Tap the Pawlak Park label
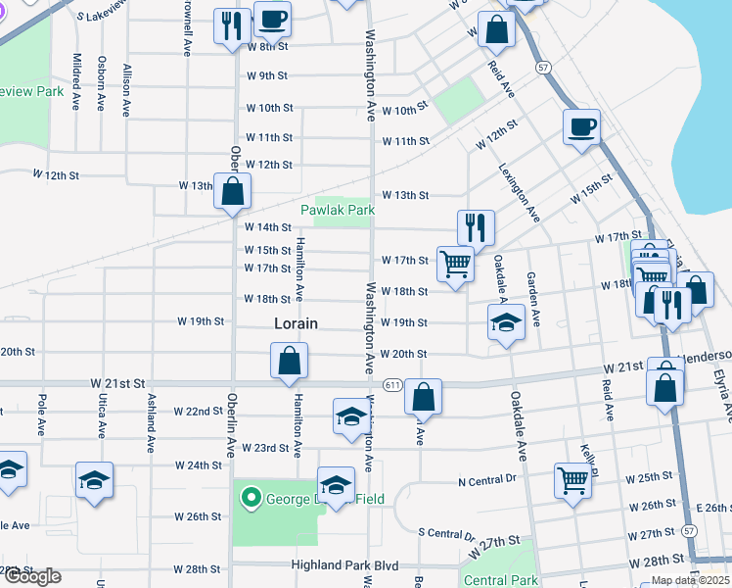pyautogui.click(x=338, y=210)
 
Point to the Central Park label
pyautogui.click(x=500, y=580)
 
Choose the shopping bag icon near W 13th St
pyautogui.click(x=233, y=192)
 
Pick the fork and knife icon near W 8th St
pyautogui.click(x=231, y=24)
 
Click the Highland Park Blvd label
pyautogui.click(x=346, y=566)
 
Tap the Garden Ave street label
pyautogui.click(x=533, y=300)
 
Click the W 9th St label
pyautogui.click(x=267, y=75)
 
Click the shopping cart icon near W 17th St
pyautogui.click(x=455, y=263)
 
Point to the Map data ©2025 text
pyautogui.click(x=689, y=580)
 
